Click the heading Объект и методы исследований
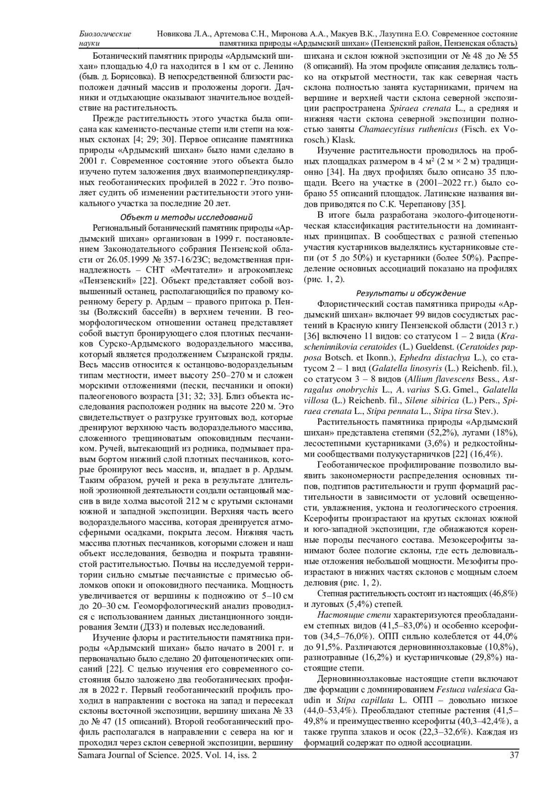(186, 217)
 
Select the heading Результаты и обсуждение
(411, 293)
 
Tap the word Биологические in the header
(105, 34)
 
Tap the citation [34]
(335, 172)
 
